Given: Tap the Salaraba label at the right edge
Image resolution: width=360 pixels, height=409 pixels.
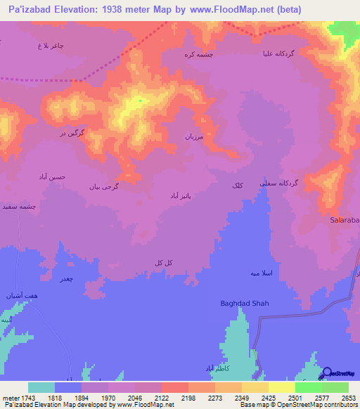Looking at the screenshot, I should click(x=344, y=220).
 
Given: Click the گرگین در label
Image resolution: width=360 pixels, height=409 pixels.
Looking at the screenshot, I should click(x=72, y=132).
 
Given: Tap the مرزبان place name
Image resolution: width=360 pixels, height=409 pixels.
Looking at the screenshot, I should click(x=194, y=136).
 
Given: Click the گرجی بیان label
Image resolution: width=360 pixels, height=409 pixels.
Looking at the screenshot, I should click(x=102, y=187).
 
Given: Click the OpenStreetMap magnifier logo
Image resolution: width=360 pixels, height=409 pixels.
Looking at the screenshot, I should click(x=328, y=374).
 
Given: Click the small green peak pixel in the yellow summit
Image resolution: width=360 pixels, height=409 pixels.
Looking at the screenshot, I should click(x=140, y=100).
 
